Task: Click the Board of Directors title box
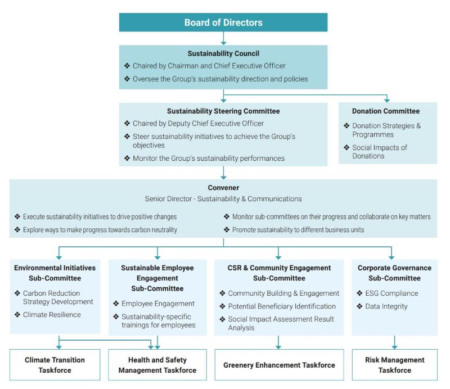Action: point(223,22)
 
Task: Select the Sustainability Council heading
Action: point(223,53)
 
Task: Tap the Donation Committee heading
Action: point(386,111)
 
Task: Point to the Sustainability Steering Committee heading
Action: point(223,111)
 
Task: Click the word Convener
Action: point(223,188)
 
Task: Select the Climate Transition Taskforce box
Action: point(55,365)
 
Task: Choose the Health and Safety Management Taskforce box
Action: point(157,365)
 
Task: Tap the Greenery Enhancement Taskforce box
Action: point(279,365)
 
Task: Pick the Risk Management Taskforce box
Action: point(395,365)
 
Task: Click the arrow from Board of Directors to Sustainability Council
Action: point(223,38)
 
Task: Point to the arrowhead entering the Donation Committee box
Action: point(387,100)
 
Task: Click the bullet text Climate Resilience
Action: point(52,315)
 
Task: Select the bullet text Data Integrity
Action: point(386,306)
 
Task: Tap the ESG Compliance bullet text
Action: point(391,293)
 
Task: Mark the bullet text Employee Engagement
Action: point(158,304)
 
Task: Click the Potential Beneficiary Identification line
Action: point(282,306)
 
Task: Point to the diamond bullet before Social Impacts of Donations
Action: point(346,147)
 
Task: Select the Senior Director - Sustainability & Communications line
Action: point(223,199)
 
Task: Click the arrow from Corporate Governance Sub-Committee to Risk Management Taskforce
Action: point(395,342)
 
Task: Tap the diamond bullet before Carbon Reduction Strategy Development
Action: point(17,293)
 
